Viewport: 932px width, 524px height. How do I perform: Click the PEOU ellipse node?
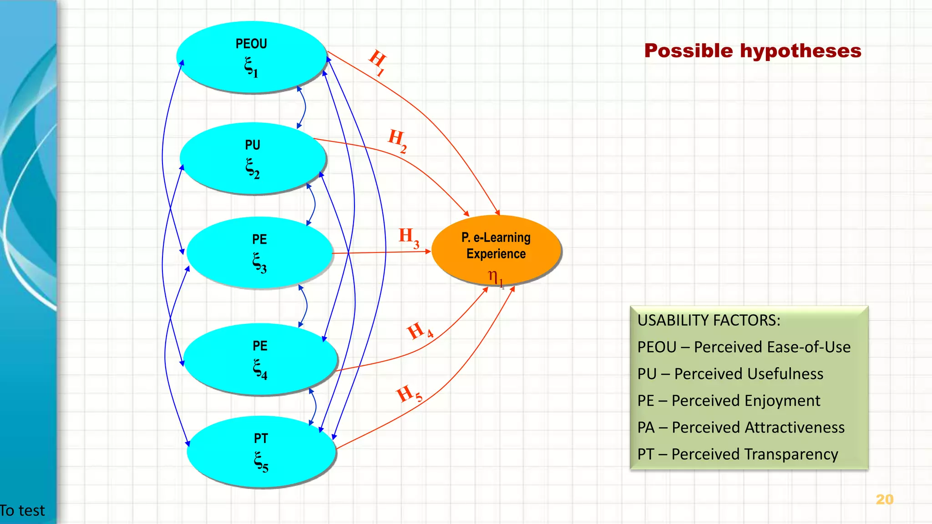[251, 57]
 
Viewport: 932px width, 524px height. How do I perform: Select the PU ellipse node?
[253, 158]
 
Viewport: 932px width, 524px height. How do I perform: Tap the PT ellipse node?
[261, 452]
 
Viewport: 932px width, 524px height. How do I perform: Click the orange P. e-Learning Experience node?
[496, 250]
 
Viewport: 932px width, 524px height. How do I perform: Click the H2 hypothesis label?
[397, 140]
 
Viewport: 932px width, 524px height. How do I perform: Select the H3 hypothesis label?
[409, 237]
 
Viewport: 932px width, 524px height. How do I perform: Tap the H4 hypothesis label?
[419, 331]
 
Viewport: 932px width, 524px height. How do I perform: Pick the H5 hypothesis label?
[409, 394]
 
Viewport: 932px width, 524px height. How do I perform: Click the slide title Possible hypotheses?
[753, 50]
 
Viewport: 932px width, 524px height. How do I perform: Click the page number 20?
[884, 499]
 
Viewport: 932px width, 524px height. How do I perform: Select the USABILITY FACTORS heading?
[709, 320]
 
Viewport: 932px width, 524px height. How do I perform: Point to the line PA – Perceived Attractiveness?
[741, 428]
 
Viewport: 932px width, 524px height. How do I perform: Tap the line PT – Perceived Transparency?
[738, 454]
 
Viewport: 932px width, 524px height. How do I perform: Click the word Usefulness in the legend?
[749, 374]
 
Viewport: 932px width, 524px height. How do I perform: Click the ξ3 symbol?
[259, 263]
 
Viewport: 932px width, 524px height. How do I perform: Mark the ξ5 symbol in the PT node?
[261, 462]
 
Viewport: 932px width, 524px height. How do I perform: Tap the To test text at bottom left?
[22, 511]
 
